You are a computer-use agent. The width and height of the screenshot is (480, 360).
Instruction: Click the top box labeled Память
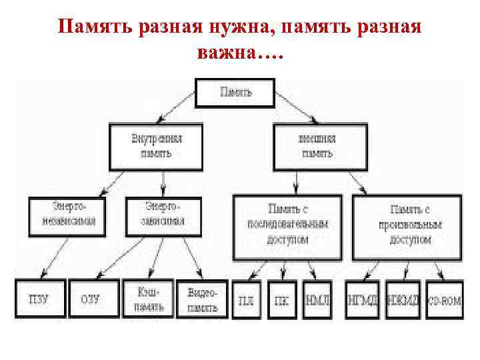pos(235,92)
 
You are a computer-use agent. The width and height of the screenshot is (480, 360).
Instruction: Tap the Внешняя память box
pos(319,145)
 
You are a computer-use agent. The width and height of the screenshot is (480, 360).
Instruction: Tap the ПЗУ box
pos(39,299)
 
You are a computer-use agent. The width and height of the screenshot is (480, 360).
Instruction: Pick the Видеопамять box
pos(201,299)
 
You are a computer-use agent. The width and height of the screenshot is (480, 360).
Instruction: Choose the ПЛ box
pos(247,300)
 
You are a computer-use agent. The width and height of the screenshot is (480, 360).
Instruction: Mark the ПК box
pos(283,300)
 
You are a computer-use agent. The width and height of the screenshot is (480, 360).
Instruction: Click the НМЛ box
pos(318,300)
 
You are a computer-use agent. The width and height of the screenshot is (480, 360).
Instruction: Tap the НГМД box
pos(362,300)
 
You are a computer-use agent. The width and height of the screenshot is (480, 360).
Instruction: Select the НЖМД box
pos(403,300)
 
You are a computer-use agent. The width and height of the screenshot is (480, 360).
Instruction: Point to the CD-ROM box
pos(444,300)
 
